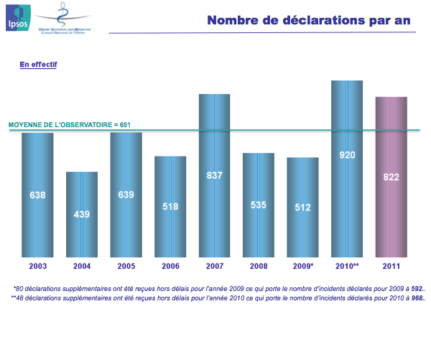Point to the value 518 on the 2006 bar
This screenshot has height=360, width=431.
(x=170, y=207)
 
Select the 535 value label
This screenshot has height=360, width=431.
(x=259, y=205)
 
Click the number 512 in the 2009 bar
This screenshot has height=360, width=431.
(x=302, y=208)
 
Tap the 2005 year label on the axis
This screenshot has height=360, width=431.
(x=126, y=267)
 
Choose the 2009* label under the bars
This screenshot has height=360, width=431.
(x=303, y=267)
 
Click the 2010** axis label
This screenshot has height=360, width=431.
(x=347, y=267)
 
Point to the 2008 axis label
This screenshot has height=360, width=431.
(x=259, y=267)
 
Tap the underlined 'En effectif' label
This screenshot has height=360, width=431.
(x=38, y=65)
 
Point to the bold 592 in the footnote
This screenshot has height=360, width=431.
(x=417, y=288)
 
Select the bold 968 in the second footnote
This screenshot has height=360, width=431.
(x=417, y=297)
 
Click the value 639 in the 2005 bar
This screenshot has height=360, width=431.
(x=126, y=195)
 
